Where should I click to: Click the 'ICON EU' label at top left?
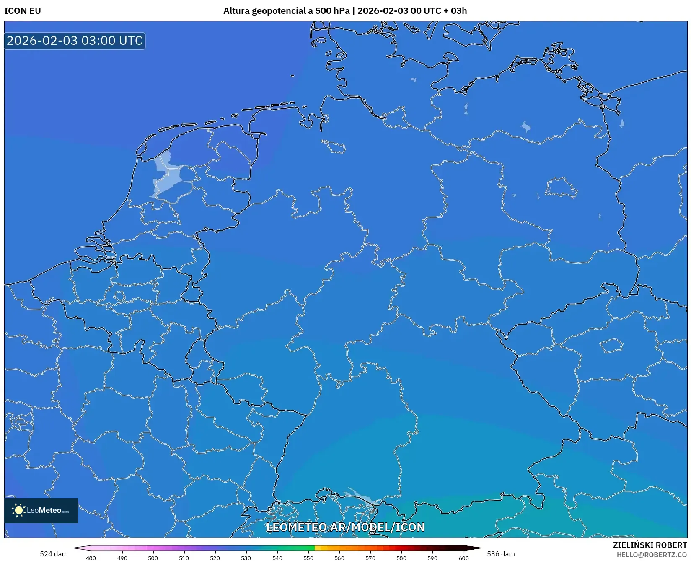click(23, 11)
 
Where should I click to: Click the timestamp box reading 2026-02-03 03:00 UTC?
click(75, 41)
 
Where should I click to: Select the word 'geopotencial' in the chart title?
click(279, 11)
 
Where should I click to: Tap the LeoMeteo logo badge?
click(41, 510)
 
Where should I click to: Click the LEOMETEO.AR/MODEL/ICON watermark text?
click(345, 527)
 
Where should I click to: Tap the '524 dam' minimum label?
click(54, 554)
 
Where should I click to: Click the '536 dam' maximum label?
click(501, 554)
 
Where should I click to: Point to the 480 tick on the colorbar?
click(91, 558)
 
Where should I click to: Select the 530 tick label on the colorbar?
click(246, 558)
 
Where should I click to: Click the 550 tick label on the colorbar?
click(308, 558)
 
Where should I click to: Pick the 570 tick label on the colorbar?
click(370, 558)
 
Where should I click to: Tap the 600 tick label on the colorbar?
click(463, 558)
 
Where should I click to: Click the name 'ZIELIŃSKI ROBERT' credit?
click(650, 545)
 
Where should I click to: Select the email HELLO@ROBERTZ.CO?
click(652, 555)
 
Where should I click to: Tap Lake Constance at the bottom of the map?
click(361, 497)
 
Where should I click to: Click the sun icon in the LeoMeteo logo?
click(18, 510)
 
